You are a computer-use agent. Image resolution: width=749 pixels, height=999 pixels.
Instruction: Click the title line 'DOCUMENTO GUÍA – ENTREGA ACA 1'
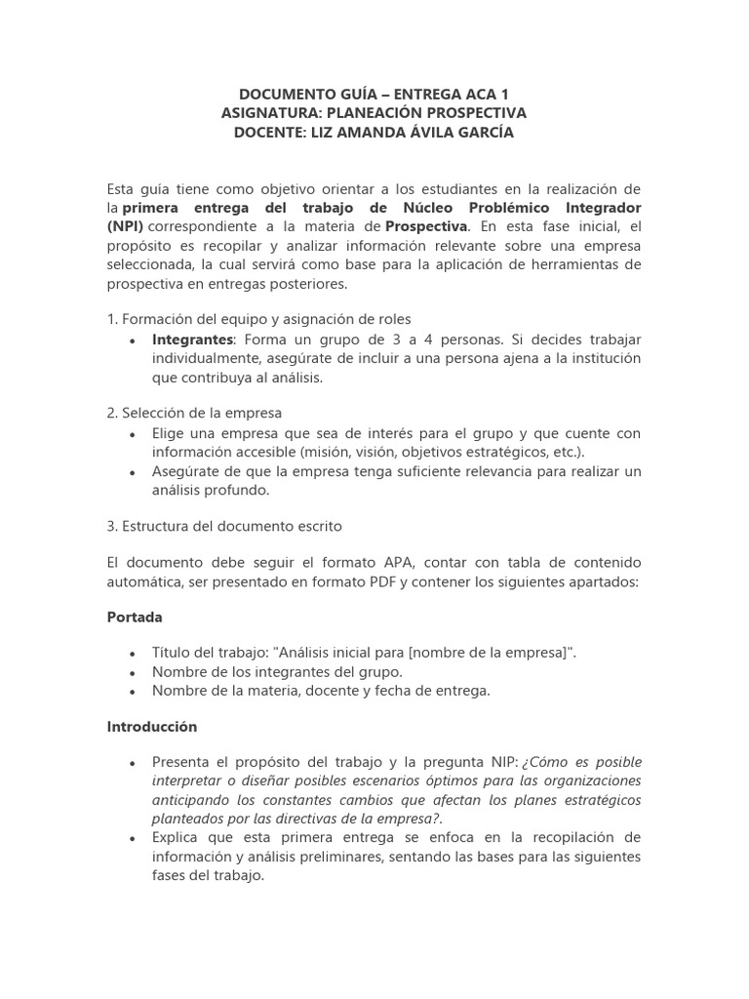click(x=374, y=94)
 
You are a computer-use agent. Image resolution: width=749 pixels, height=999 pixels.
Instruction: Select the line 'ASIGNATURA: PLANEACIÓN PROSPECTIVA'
click(x=374, y=113)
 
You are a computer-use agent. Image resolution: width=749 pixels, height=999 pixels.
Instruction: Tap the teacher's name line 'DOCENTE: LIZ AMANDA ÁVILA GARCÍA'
click(x=374, y=133)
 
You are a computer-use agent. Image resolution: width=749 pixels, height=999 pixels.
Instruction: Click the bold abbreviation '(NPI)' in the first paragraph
click(x=125, y=226)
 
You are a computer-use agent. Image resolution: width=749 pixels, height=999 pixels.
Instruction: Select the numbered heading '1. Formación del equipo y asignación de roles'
click(x=258, y=318)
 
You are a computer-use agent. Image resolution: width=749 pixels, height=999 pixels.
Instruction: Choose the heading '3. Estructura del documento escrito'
click(x=224, y=526)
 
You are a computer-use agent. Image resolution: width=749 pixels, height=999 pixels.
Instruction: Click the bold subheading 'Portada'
click(x=134, y=618)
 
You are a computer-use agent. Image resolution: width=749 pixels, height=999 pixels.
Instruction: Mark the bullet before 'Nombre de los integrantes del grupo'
click(x=132, y=673)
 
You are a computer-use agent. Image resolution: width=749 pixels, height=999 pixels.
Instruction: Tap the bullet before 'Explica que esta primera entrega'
click(x=132, y=839)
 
